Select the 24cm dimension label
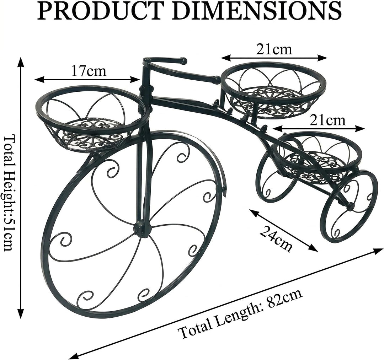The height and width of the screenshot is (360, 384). pos(276,238)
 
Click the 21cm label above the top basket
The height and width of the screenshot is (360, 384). pos(274,49)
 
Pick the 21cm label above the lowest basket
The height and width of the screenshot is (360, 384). pos(327,121)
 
